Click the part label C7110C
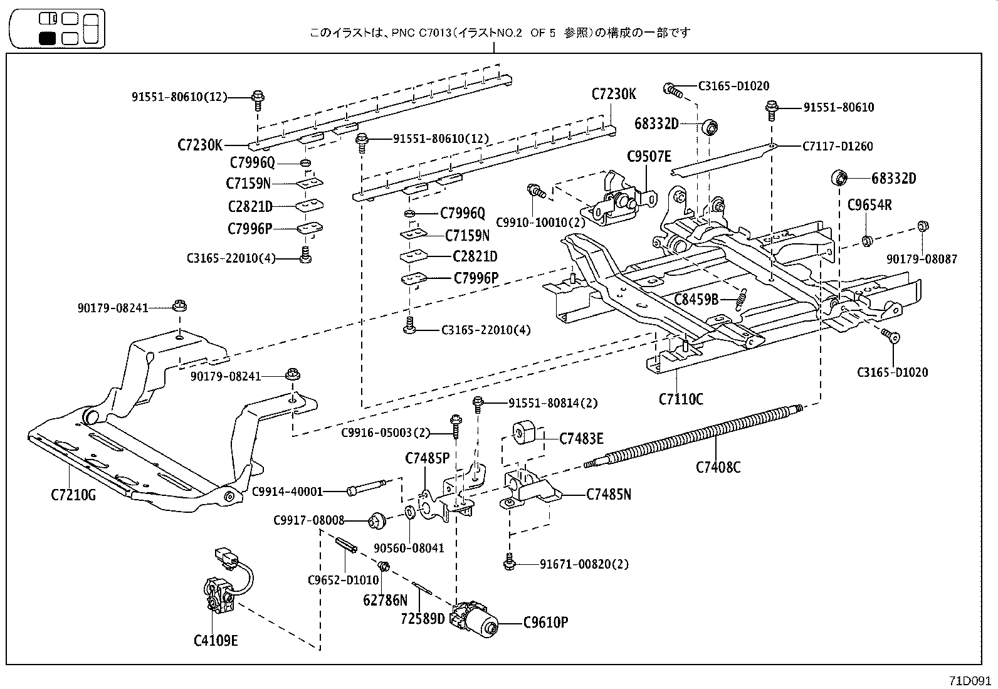[681, 399]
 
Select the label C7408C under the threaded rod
[718, 467]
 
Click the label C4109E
[216, 641]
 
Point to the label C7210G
[73, 495]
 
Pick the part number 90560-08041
[409, 548]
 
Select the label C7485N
[609, 495]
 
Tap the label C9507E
[649, 157]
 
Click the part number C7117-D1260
[838, 146]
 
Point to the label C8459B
[696, 300]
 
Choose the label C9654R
[869, 204]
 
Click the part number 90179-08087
[922, 259]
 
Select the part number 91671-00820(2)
[584, 564]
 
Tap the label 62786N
[385, 600]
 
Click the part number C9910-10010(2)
[540, 222]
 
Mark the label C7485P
[428, 458]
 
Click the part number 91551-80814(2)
[553, 403]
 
